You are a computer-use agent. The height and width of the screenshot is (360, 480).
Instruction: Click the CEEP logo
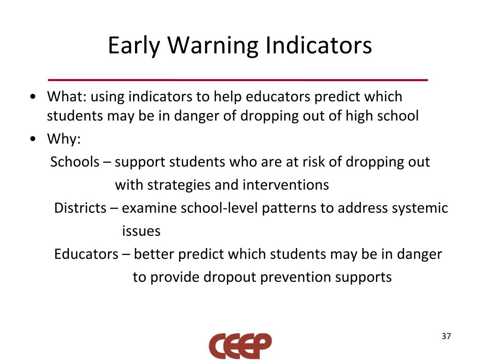point(240,346)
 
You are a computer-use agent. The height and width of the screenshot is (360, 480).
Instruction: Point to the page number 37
point(446,337)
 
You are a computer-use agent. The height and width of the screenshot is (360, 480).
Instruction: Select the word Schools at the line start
point(75,162)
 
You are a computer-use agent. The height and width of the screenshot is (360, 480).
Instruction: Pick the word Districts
point(80,208)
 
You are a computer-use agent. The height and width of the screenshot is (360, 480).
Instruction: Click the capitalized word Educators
point(86,254)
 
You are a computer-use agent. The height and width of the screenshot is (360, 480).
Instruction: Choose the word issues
point(141,231)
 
